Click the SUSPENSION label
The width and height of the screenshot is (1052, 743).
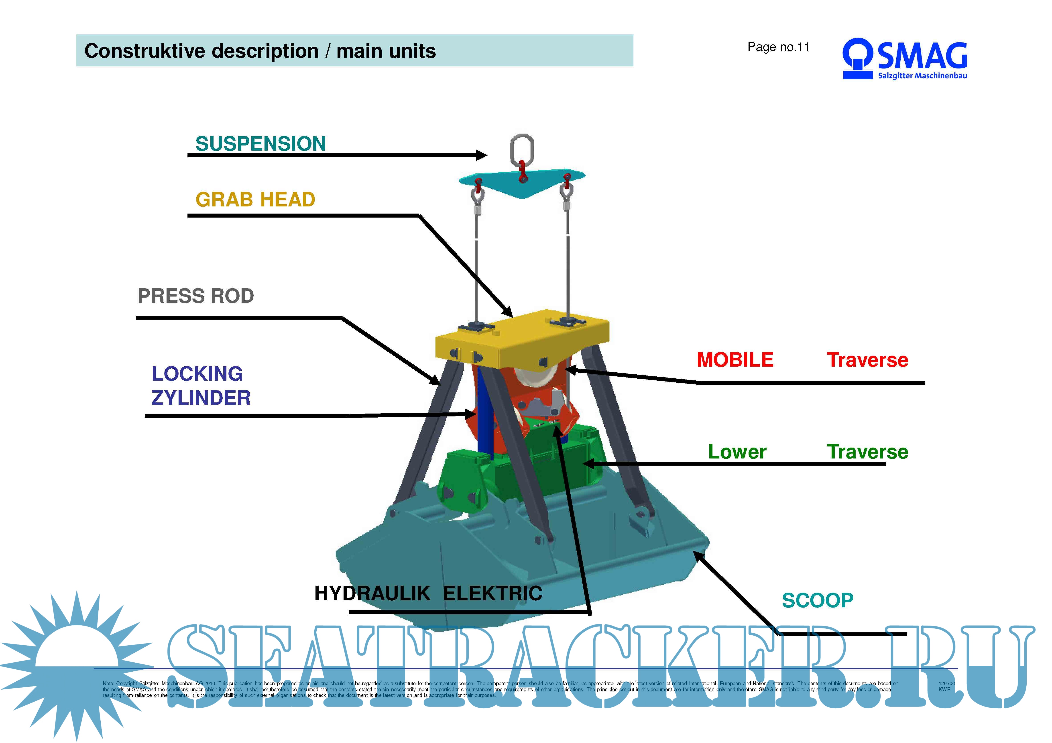coord(260,144)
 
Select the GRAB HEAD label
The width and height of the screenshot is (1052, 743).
coord(255,200)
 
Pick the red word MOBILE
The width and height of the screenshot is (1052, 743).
coord(735,360)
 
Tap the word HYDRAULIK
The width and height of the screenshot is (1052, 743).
coord(372,593)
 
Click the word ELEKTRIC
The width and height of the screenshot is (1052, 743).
coord(492,593)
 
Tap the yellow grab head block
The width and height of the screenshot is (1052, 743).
coord(522,341)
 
